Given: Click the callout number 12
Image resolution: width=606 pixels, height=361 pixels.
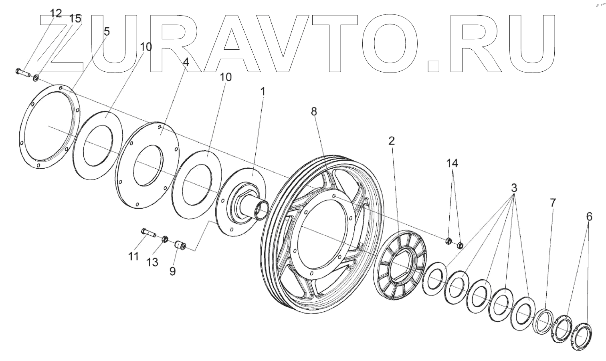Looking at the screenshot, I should pyautogui.click(x=56, y=13).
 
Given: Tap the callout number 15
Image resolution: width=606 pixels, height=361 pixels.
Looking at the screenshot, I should pyautogui.click(x=75, y=18).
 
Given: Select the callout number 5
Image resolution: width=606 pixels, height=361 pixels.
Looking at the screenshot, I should pyautogui.click(x=106, y=32).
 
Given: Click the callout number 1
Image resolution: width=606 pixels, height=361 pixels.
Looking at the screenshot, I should pyautogui.click(x=263, y=92).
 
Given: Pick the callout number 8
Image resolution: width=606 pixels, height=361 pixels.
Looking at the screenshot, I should pyautogui.click(x=314, y=112).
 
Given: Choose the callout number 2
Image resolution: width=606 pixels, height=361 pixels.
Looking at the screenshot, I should pyautogui.click(x=391, y=140).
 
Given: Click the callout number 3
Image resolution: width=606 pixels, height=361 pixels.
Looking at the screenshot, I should pyautogui.click(x=514, y=188).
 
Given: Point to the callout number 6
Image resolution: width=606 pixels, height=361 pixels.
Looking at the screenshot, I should pyautogui.click(x=589, y=217).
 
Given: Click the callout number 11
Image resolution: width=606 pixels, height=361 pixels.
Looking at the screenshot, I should pyautogui.click(x=133, y=256).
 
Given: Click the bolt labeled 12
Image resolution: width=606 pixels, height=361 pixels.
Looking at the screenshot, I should pyautogui.click(x=23, y=73).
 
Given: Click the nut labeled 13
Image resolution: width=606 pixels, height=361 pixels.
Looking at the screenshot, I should pyautogui.click(x=164, y=239).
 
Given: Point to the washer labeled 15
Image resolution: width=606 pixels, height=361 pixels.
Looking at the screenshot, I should pyautogui.click(x=36, y=78).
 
